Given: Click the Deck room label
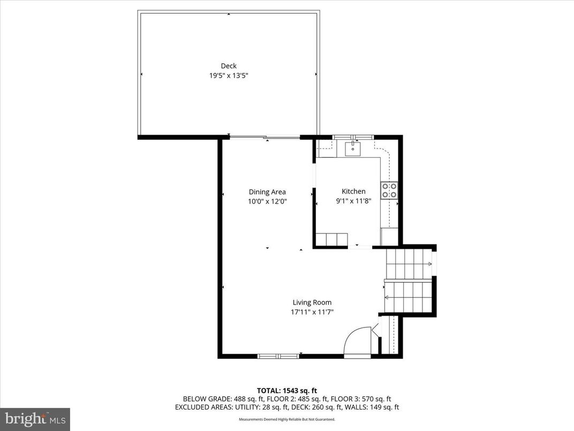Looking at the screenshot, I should click(229, 66).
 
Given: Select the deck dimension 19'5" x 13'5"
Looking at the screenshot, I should click(229, 76).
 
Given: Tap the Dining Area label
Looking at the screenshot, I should click(267, 192).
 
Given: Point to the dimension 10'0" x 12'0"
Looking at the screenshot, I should click(267, 202).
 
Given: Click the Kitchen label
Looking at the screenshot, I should click(353, 191).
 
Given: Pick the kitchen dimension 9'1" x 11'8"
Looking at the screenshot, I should click(353, 202).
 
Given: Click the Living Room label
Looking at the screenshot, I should click(312, 302).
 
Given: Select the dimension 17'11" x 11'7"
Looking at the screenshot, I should click(312, 312).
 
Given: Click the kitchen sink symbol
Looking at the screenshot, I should click(353, 147).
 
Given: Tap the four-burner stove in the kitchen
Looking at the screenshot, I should click(389, 190).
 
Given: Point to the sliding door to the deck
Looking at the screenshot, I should click(265, 138).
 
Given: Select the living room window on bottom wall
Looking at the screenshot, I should click(278, 356).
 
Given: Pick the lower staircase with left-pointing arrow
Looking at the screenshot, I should click(408, 296).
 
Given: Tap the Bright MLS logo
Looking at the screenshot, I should click(35, 419).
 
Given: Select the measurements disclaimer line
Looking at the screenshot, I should click(287, 419).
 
